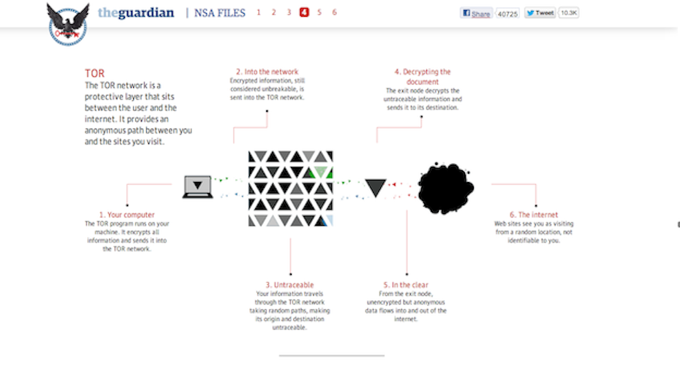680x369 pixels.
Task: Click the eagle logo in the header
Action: click(68, 24)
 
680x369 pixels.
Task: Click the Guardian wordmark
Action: click(136, 12)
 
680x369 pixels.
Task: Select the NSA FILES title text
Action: click(219, 13)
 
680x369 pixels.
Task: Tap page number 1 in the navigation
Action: click(258, 12)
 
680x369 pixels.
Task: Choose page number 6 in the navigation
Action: click(334, 12)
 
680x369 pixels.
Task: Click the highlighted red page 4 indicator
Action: click(304, 12)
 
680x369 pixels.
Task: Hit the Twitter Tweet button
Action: click(540, 13)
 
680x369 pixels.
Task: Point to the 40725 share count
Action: click(507, 14)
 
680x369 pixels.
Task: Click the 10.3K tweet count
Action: click(569, 13)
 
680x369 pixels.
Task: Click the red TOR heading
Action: click(94, 73)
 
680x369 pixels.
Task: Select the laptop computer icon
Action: click(197, 187)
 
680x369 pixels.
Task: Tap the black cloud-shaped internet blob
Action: click(445, 188)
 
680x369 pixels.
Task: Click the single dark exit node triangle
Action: click(376, 188)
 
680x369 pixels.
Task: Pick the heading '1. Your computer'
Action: click(126, 215)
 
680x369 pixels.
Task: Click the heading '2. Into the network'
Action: click(267, 72)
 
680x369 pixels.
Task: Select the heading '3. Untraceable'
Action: click(290, 285)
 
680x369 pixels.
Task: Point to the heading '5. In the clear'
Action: click(406, 285)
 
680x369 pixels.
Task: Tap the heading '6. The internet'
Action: click(534, 215)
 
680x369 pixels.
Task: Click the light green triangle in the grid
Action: click(320, 172)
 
